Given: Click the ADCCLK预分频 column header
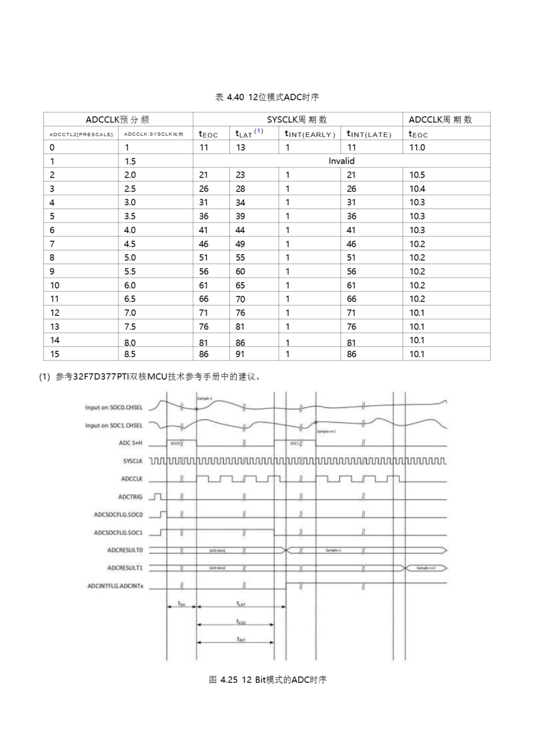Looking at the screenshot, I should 117,120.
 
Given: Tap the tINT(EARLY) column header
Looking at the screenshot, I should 309,134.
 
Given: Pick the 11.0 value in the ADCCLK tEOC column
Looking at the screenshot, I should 417,148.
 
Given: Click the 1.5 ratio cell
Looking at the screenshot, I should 130,161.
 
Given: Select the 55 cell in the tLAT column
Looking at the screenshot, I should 240,258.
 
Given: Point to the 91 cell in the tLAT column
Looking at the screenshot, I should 240,354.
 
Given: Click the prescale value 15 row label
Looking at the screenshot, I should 55,354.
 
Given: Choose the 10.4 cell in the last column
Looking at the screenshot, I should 417,189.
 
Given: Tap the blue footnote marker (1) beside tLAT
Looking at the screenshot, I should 259,131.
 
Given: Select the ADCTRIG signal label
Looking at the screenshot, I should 130,497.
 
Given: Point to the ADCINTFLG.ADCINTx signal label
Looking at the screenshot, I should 115,586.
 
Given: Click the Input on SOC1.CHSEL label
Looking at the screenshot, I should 114,426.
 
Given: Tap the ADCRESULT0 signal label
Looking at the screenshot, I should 125,550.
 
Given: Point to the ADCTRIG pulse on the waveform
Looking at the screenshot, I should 158,496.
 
